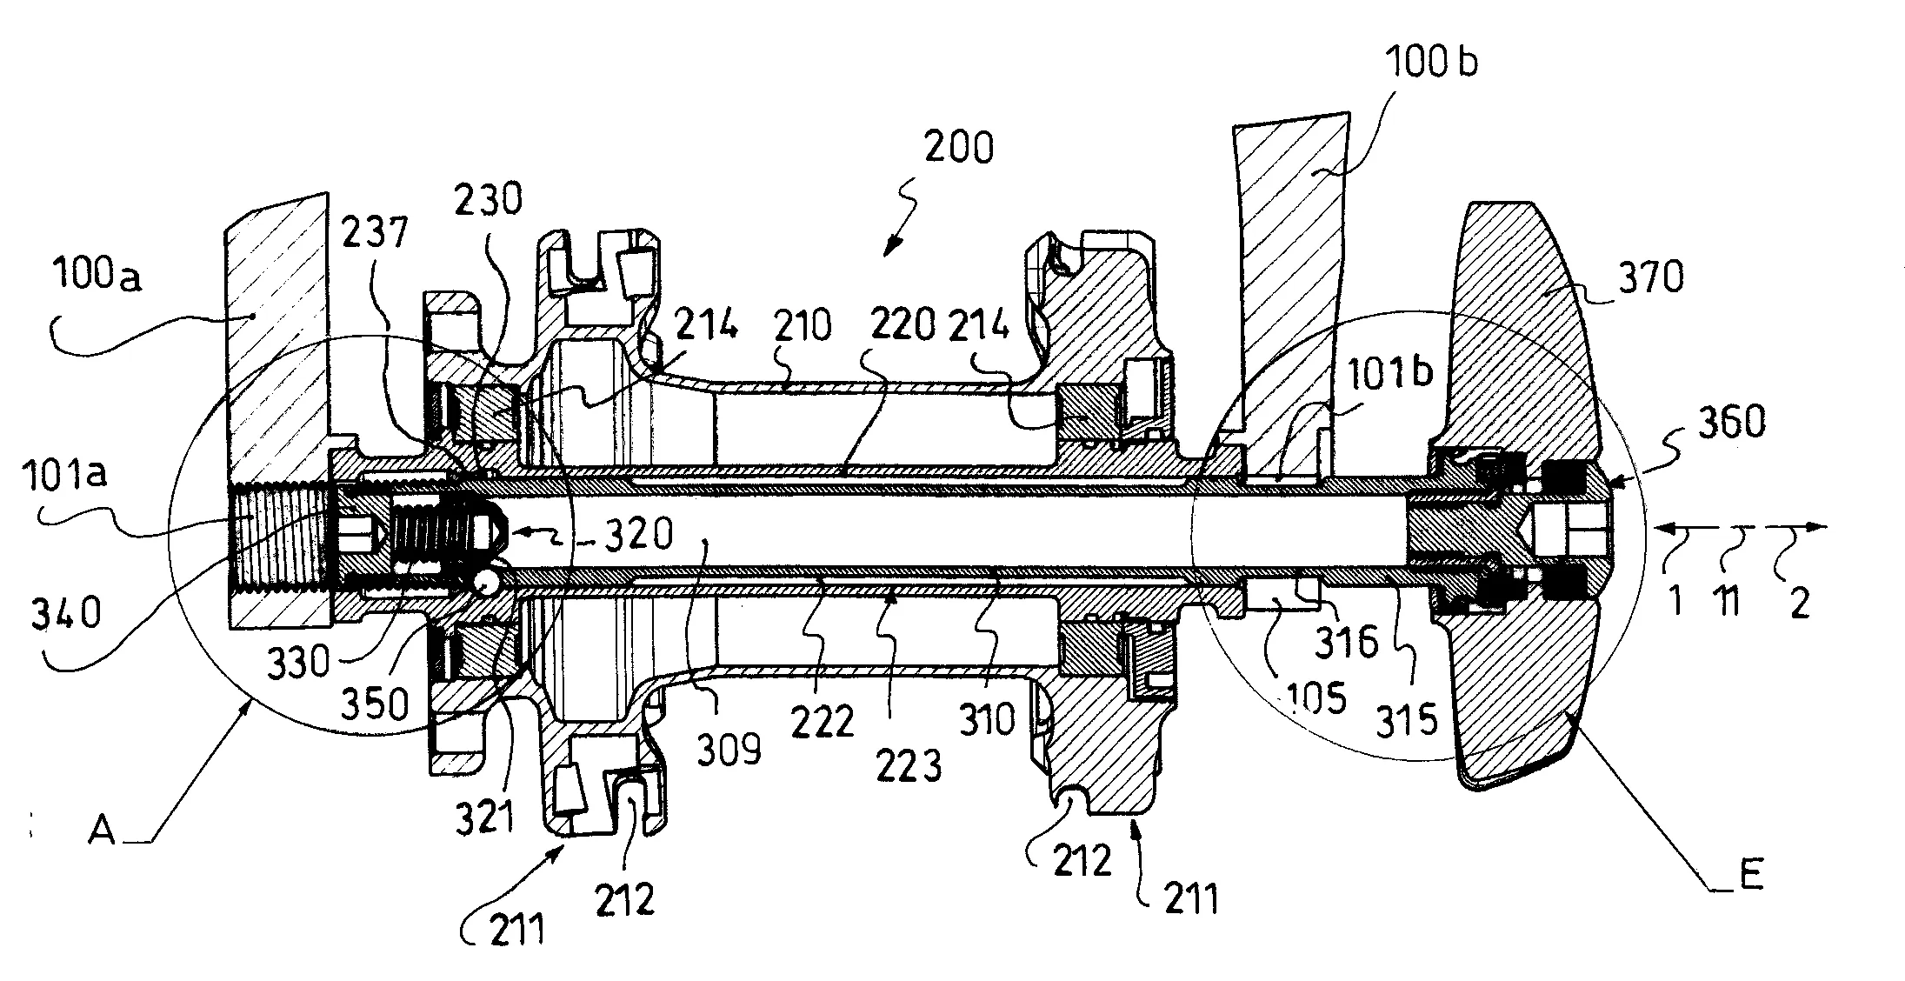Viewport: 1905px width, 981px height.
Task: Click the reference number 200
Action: pos(958,148)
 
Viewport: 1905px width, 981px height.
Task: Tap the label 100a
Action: pos(97,277)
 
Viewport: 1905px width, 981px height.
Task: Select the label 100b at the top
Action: pos(1431,63)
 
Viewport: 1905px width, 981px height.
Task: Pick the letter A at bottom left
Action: pos(102,831)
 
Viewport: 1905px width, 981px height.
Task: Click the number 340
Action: pos(66,614)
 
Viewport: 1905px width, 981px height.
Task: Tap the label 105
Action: pos(1316,697)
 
